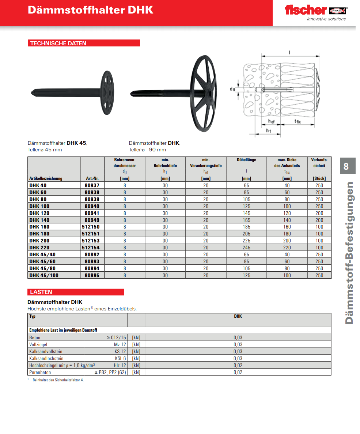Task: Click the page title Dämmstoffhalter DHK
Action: [x=90, y=10]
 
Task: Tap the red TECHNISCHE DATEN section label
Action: [x=84, y=43]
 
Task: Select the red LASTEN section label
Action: [x=76, y=292]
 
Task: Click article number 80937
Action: [x=92, y=185]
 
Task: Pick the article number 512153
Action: [x=92, y=241]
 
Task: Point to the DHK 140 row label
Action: [x=39, y=220]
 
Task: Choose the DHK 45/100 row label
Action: [x=43, y=275]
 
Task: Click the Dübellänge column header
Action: [x=246, y=160]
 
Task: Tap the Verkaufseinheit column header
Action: [x=319, y=163]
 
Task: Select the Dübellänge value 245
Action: [x=246, y=248]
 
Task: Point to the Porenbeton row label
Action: [x=40, y=372]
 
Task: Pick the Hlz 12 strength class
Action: [x=120, y=365]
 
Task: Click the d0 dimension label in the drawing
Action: [x=232, y=89]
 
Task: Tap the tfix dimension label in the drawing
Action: [x=297, y=121]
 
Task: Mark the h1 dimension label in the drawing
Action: [x=268, y=131]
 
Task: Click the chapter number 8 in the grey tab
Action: [x=346, y=167]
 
